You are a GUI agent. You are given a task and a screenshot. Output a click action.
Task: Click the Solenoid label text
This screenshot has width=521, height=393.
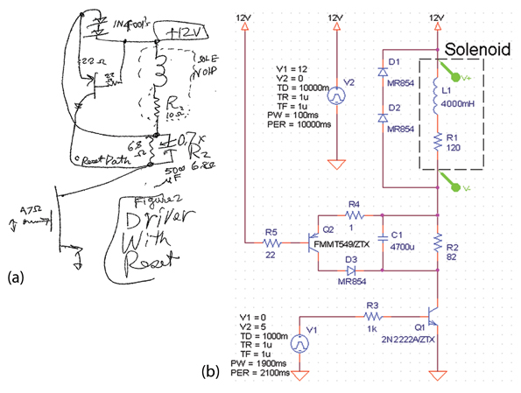pos(478,48)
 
